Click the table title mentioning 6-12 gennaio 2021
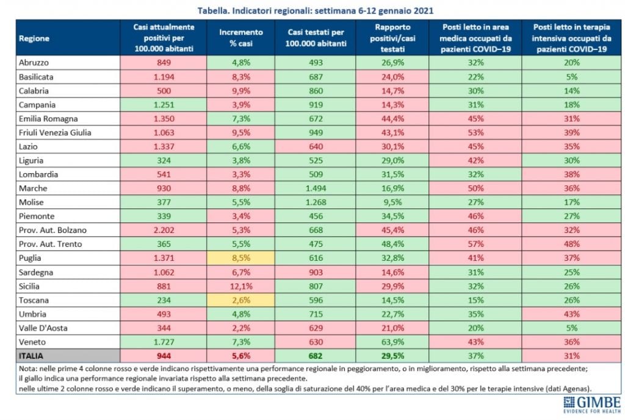[x=316, y=10]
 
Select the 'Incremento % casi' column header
[x=240, y=38]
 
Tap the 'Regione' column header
[x=34, y=38]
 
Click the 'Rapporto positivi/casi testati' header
[x=392, y=38]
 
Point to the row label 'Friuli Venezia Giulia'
[x=55, y=132]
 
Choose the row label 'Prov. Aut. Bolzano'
[x=52, y=230]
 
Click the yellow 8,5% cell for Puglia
[x=240, y=258]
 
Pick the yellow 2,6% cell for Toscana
[x=240, y=300]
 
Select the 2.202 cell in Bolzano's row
[x=164, y=230]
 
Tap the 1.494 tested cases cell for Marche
[x=316, y=188]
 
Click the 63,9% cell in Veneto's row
[x=392, y=342]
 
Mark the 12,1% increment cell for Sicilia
[x=240, y=287]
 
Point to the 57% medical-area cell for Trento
[x=475, y=244]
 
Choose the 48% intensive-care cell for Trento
[x=571, y=244]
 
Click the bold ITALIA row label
[x=31, y=356]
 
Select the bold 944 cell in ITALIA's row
[x=164, y=356]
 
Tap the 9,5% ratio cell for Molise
[x=392, y=202]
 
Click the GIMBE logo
[x=592, y=405]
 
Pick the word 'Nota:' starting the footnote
[x=27, y=369]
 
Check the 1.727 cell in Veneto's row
[x=164, y=342]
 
